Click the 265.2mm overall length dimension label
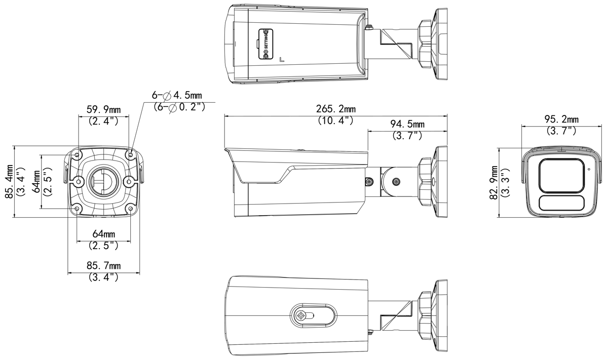[x=336, y=109]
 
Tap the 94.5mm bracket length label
[x=407, y=124]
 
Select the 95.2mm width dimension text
[x=561, y=119]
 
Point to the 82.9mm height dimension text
[x=493, y=183]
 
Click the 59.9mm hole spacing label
[x=104, y=109]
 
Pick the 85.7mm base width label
[x=104, y=266]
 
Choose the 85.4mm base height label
[x=9, y=181]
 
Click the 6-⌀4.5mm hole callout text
[x=177, y=95]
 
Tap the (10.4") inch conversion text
[x=336, y=120]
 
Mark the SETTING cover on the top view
[x=265, y=44]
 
